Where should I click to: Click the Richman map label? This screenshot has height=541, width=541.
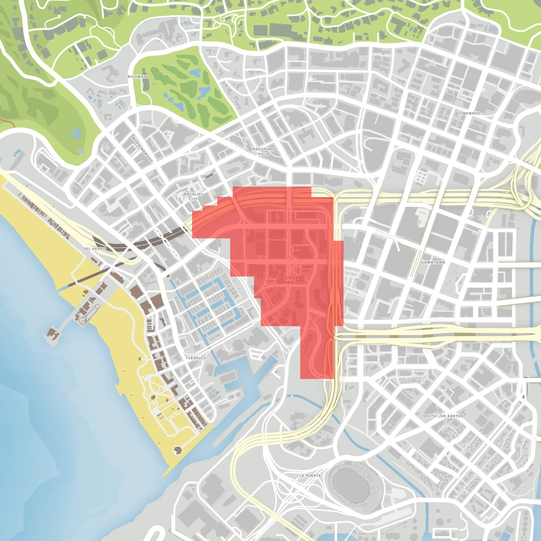pos(137,77)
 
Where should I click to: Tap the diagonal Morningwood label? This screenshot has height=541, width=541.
pos(142,149)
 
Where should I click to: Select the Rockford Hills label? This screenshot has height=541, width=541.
pos(264,151)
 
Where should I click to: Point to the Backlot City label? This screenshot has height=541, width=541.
pos(193,197)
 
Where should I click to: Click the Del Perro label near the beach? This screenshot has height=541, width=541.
pos(94,249)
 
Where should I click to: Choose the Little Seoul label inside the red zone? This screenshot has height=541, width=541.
pos(291,280)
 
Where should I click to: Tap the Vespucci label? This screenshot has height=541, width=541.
pos(198,358)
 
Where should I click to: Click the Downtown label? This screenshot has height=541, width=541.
pos(433,262)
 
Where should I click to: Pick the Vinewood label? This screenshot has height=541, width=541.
pos(469,114)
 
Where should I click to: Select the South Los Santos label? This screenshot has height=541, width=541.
pos(443,416)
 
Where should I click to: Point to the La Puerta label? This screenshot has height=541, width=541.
pos(310,476)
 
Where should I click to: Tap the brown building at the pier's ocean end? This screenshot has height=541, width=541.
pos(52,334)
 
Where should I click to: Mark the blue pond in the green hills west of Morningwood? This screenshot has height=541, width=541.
pos(75,133)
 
